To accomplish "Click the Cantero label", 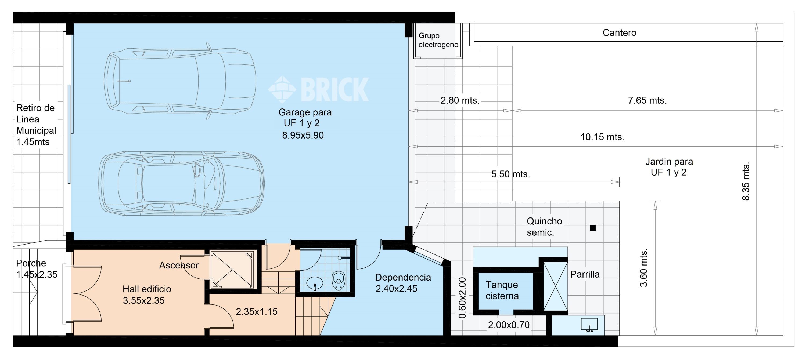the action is pyautogui.click(x=619, y=33).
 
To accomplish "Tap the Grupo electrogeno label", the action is pyautogui.click(x=438, y=40).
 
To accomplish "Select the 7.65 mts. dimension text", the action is pyautogui.click(x=647, y=100).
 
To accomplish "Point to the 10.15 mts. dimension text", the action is pyautogui.click(x=602, y=137).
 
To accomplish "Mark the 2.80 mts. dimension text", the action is pyautogui.click(x=460, y=100).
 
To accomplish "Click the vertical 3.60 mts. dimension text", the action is pyautogui.click(x=644, y=268).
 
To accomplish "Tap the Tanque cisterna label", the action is pyautogui.click(x=502, y=290).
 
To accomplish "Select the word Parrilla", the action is pyautogui.click(x=585, y=274).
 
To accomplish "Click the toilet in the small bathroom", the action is pyautogui.click(x=338, y=281).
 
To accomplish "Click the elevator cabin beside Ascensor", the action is pyautogui.click(x=232, y=270).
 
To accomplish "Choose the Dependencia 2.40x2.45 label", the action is pyautogui.click(x=403, y=283).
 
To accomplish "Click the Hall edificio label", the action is pyautogui.click(x=147, y=289).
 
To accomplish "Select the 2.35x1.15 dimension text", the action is pyautogui.click(x=257, y=311).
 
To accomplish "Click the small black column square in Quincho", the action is pyautogui.click(x=593, y=228).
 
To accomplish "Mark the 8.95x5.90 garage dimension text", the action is pyautogui.click(x=303, y=135).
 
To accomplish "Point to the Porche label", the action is pyautogui.click(x=31, y=263).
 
